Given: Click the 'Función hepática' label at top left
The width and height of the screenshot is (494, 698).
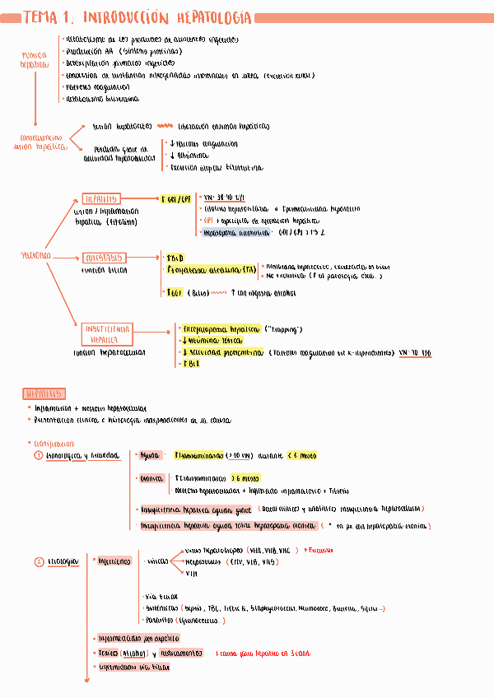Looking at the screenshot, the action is (x=35, y=59).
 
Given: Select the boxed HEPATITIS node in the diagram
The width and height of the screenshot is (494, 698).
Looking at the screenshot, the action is (x=102, y=199).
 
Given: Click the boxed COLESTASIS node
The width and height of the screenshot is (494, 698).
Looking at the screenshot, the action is (x=103, y=258).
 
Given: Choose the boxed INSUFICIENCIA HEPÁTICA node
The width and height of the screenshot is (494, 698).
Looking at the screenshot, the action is (x=103, y=333).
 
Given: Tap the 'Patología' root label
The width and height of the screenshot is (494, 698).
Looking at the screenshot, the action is (x=35, y=255).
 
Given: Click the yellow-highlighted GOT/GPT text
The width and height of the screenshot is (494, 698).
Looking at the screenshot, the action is (x=178, y=199).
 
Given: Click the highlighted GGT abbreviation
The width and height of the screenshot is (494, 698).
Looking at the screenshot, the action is (x=174, y=292).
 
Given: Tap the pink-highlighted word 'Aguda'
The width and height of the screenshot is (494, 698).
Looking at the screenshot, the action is (x=150, y=455).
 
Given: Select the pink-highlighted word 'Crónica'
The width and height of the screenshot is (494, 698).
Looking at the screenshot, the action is (x=151, y=477).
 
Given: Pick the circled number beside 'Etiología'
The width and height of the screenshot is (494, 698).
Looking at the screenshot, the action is (x=38, y=562).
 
